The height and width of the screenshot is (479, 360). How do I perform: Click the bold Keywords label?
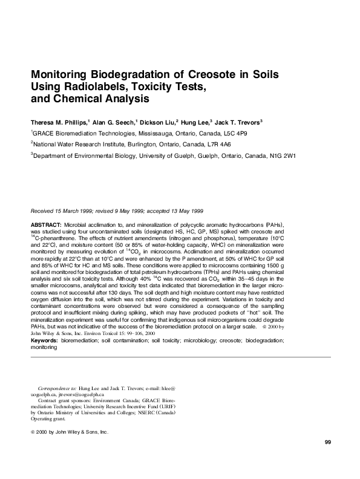tap(46, 341)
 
